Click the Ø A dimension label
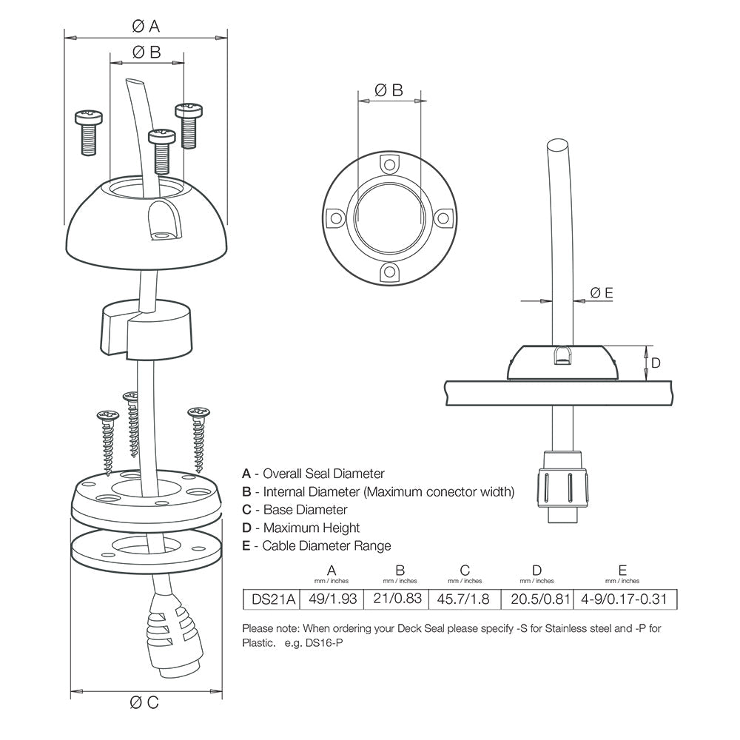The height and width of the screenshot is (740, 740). [x=145, y=27]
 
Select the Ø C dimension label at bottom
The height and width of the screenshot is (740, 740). [x=145, y=702]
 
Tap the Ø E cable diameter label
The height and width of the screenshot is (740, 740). [x=602, y=293]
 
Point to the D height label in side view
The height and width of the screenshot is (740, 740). [x=656, y=363]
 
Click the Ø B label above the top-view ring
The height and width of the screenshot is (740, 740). [x=389, y=90]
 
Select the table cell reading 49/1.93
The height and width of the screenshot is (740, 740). [x=331, y=599]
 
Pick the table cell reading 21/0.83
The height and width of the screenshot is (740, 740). [x=399, y=599]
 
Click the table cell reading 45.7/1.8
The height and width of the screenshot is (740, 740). [x=465, y=599]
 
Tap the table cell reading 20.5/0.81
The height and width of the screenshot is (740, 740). [x=536, y=599]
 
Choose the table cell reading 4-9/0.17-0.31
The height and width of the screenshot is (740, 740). [x=624, y=599]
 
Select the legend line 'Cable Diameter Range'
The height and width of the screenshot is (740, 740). [x=316, y=546]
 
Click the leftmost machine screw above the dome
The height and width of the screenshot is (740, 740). [x=88, y=132]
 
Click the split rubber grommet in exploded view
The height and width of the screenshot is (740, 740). [x=145, y=326]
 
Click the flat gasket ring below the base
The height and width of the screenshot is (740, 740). [x=145, y=549]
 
